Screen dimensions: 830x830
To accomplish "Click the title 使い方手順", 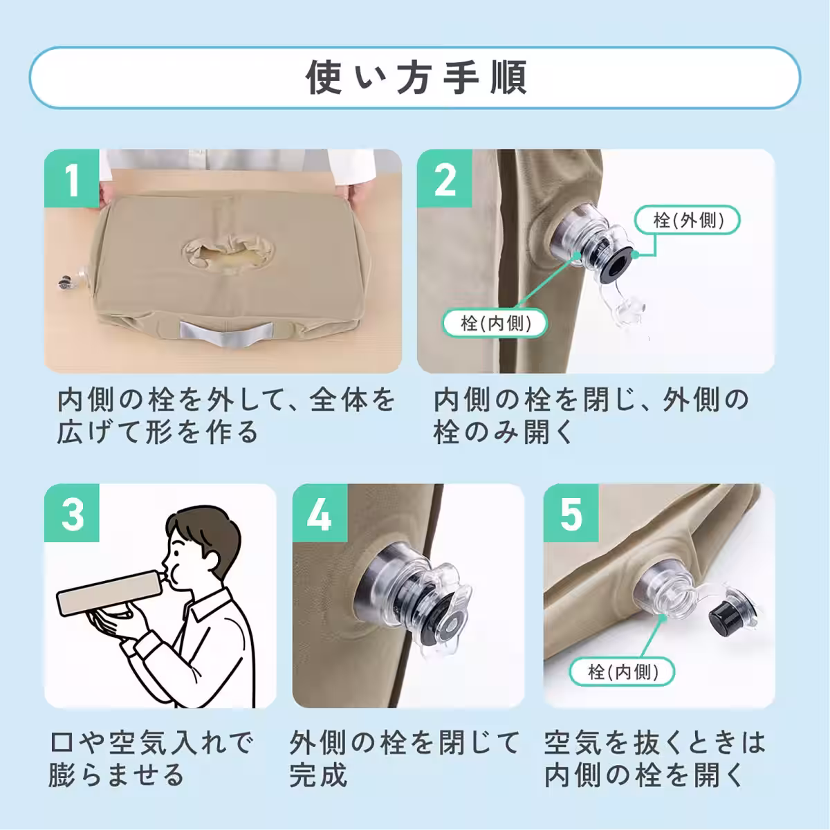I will click(x=415, y=77).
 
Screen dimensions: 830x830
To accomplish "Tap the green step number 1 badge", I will click(x=72, y=178).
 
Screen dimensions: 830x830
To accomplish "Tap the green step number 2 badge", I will click(x=445, y=178).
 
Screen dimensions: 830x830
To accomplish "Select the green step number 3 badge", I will click(x=72, y=513).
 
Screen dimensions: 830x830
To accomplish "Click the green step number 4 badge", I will click(x=320, y=513).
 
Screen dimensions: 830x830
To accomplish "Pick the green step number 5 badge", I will click(x=571, y=513).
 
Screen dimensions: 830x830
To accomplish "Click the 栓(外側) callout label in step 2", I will click(x=688, y=220).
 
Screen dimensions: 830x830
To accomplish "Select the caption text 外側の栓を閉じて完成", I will click(x=405, y=759).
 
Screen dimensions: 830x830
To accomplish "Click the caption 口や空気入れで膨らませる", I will click(x=152, y=759).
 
